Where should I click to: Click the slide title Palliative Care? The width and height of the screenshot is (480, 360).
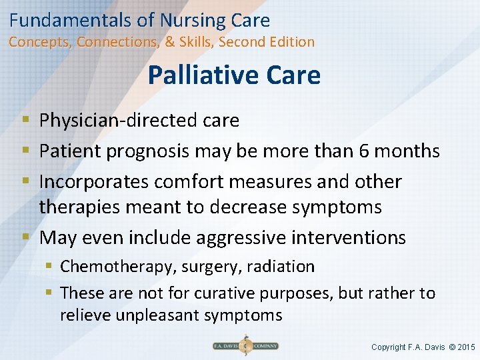[234, 75]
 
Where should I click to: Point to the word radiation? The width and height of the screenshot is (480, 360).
[281, 267]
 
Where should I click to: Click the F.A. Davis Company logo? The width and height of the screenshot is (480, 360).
[245, 346]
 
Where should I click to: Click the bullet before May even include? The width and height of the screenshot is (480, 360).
[25, 237]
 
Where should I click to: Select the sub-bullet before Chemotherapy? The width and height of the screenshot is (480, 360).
[49, 267]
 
